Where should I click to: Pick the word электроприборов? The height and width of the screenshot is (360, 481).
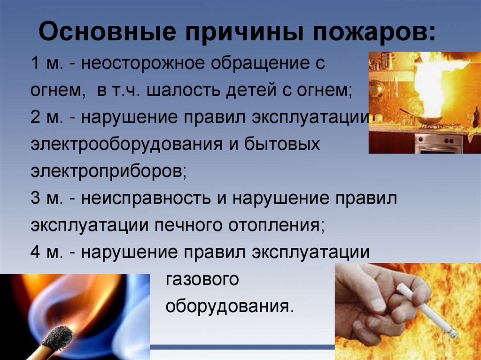coord(109,171)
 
